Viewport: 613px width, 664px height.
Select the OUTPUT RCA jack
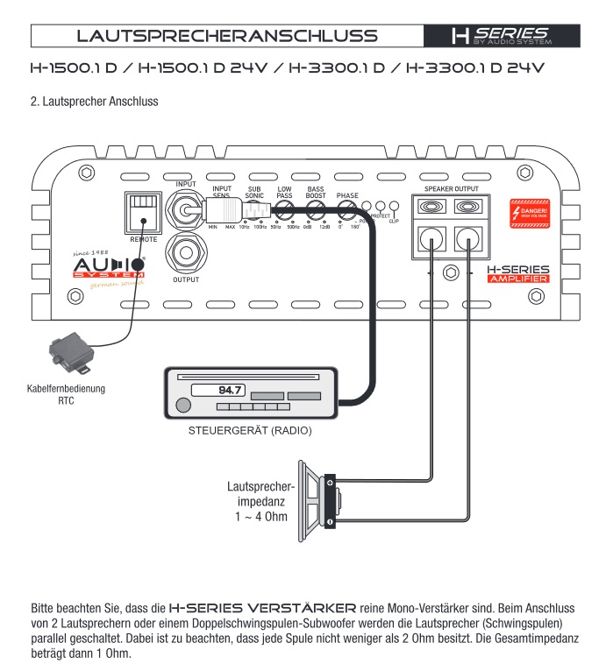(x=185, y=255)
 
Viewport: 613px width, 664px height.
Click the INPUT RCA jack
(x=185, y=210)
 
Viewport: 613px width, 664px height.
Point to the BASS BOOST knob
(x=316, y=210)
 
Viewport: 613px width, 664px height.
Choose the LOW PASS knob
(x=285, y=210)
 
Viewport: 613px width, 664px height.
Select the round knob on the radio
(x=182, y=405)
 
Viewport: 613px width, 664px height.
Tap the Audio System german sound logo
(x=108, y=267)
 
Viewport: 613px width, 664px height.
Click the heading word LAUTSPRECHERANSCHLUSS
(x=227, y=36)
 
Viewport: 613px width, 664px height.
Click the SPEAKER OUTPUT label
(x=452, y=188)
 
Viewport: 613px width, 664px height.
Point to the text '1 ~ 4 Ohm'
(x=260, y=518)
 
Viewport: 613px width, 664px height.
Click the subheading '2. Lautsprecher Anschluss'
(x=94, y=102)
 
